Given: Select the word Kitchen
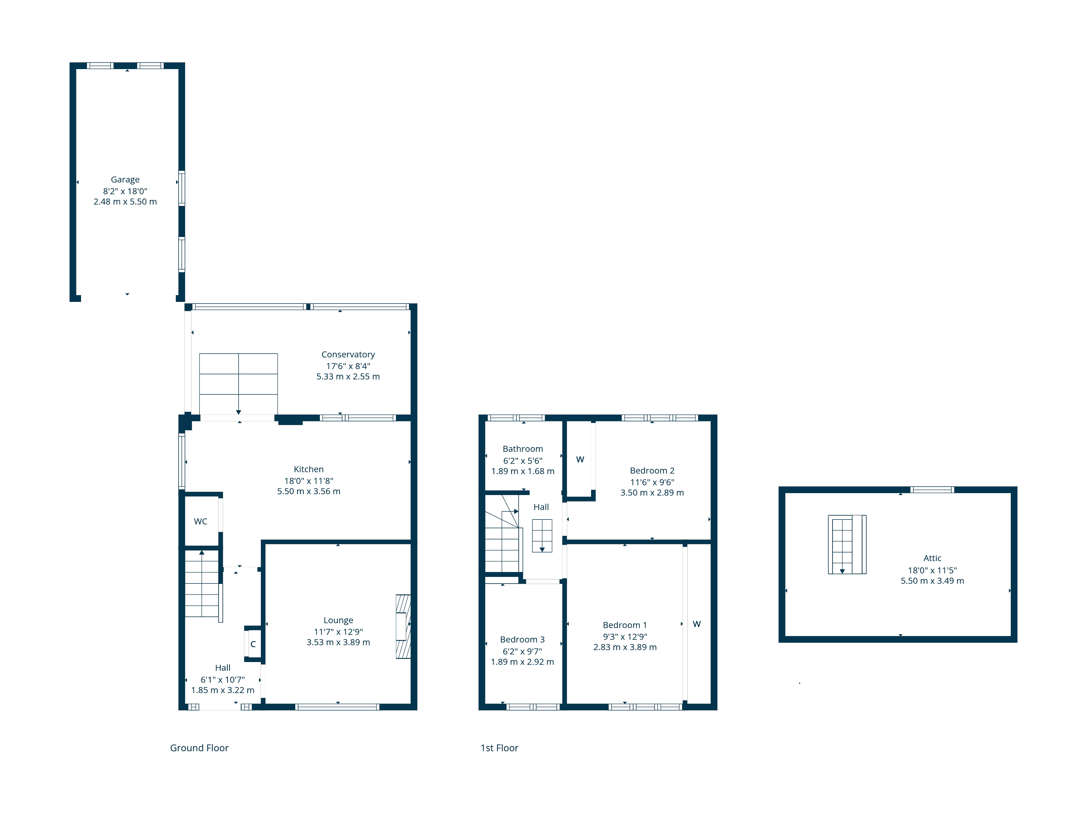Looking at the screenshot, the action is click(309, 469).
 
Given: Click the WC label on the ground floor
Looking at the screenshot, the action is click(201, 521).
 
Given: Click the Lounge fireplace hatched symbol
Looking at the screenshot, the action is click(403, 627).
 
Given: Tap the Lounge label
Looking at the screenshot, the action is click(338, 620).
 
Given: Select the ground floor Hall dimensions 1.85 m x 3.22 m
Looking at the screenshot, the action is click(223, 690).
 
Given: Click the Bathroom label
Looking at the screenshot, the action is click(523, 449).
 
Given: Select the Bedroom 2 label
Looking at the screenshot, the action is click(652, 471).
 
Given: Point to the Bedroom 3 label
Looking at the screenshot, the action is click(522, 639).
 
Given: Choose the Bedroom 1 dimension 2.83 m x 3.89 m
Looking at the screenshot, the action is click(625, 647).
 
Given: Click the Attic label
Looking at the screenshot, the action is click(932, 558).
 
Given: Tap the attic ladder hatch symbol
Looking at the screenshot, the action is click(847, 545).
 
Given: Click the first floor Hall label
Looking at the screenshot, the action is click(541, 507).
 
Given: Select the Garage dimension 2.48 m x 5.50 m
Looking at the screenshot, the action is click(125, 202).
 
